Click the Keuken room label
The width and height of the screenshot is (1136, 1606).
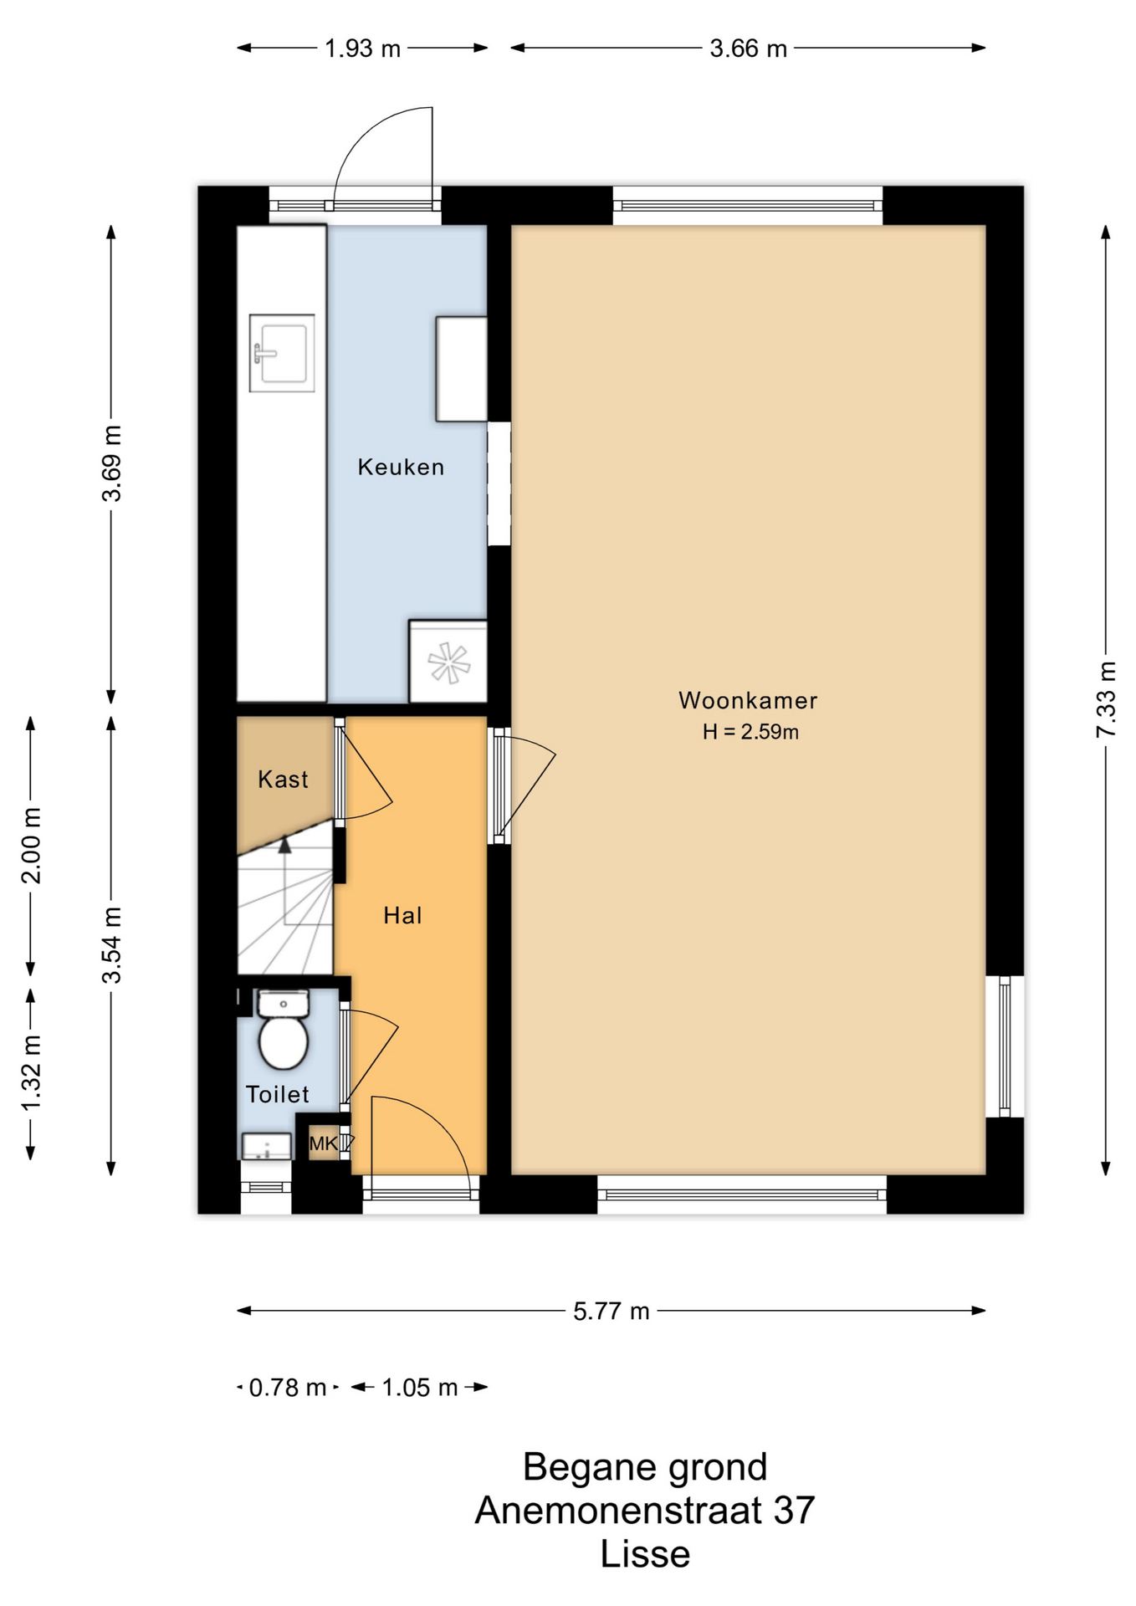click(x=401, y=467)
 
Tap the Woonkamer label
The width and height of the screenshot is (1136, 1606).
click(x=748, y=700)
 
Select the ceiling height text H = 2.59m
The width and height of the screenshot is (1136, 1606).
click(x=750, y=732)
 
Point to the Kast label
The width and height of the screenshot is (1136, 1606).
click(x=283, y=780)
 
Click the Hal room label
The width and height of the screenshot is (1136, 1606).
click(x=402, y=916)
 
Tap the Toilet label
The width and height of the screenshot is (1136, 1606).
click(x=278, y=1094)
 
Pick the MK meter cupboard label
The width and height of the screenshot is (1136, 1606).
click(x=324, y=1143)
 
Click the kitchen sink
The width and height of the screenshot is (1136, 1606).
click(x=282, y=353)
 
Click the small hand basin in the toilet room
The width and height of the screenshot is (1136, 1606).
click(x=267, y=1146)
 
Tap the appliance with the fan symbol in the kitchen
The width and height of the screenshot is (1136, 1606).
click(x=448, y=662)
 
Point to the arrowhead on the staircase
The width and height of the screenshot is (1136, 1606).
click(x=285, y=846)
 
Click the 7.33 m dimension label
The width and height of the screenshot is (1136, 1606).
click(x=1106, y=699)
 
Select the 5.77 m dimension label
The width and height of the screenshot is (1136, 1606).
click(x=611, y=1311)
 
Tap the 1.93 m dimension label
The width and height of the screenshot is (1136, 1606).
click(x=363, y=49)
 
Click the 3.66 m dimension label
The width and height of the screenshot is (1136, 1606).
click(x=749, y=49)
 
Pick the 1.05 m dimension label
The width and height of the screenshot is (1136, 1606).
click(x=420, y=1388)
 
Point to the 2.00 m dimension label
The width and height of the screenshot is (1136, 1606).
click(x=31, y=846)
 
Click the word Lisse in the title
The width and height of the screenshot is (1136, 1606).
click(x=645, y=1554)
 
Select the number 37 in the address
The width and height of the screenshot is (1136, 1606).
click(x=794, y=1511)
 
